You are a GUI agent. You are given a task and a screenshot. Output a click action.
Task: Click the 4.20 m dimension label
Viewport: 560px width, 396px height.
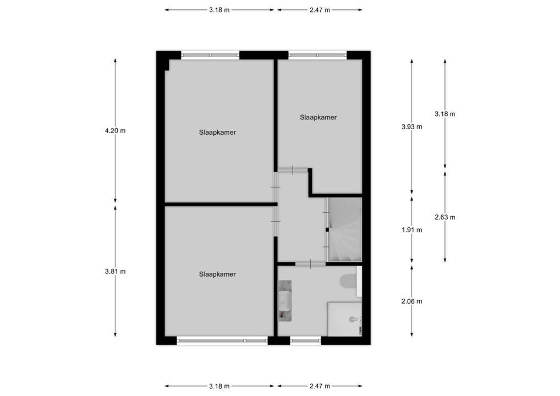point(115,131)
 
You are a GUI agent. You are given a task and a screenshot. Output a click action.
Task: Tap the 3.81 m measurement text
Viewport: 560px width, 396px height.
point(115,272)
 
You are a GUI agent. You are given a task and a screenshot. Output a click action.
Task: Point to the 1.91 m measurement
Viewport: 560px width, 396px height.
point(412,230)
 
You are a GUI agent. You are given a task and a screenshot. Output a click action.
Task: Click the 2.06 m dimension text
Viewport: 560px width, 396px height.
point(412,301)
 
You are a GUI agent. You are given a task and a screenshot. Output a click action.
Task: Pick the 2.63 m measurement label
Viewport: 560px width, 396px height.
point(444,217)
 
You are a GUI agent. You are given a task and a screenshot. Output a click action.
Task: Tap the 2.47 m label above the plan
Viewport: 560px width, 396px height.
point(320,10)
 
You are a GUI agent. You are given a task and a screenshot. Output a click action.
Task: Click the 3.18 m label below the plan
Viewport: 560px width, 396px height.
point(219,386)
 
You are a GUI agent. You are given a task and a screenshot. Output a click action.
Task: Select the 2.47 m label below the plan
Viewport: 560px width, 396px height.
point(320,386)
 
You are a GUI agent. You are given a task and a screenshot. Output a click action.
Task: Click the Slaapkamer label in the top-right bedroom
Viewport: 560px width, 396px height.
point(318,117)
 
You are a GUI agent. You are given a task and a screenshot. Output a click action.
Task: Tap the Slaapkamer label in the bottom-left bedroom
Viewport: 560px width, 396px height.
point(217,274)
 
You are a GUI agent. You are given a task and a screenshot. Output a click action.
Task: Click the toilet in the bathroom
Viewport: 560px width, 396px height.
point(348,281)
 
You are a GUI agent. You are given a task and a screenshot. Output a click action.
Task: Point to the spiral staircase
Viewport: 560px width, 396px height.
point(345,230)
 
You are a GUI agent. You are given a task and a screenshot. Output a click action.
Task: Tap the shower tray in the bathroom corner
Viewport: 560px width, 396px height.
point(345,318)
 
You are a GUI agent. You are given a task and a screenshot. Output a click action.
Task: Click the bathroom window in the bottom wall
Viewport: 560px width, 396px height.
point(305,340)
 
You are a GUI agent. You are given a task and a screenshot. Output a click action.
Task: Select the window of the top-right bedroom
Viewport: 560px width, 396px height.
point(317,54)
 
